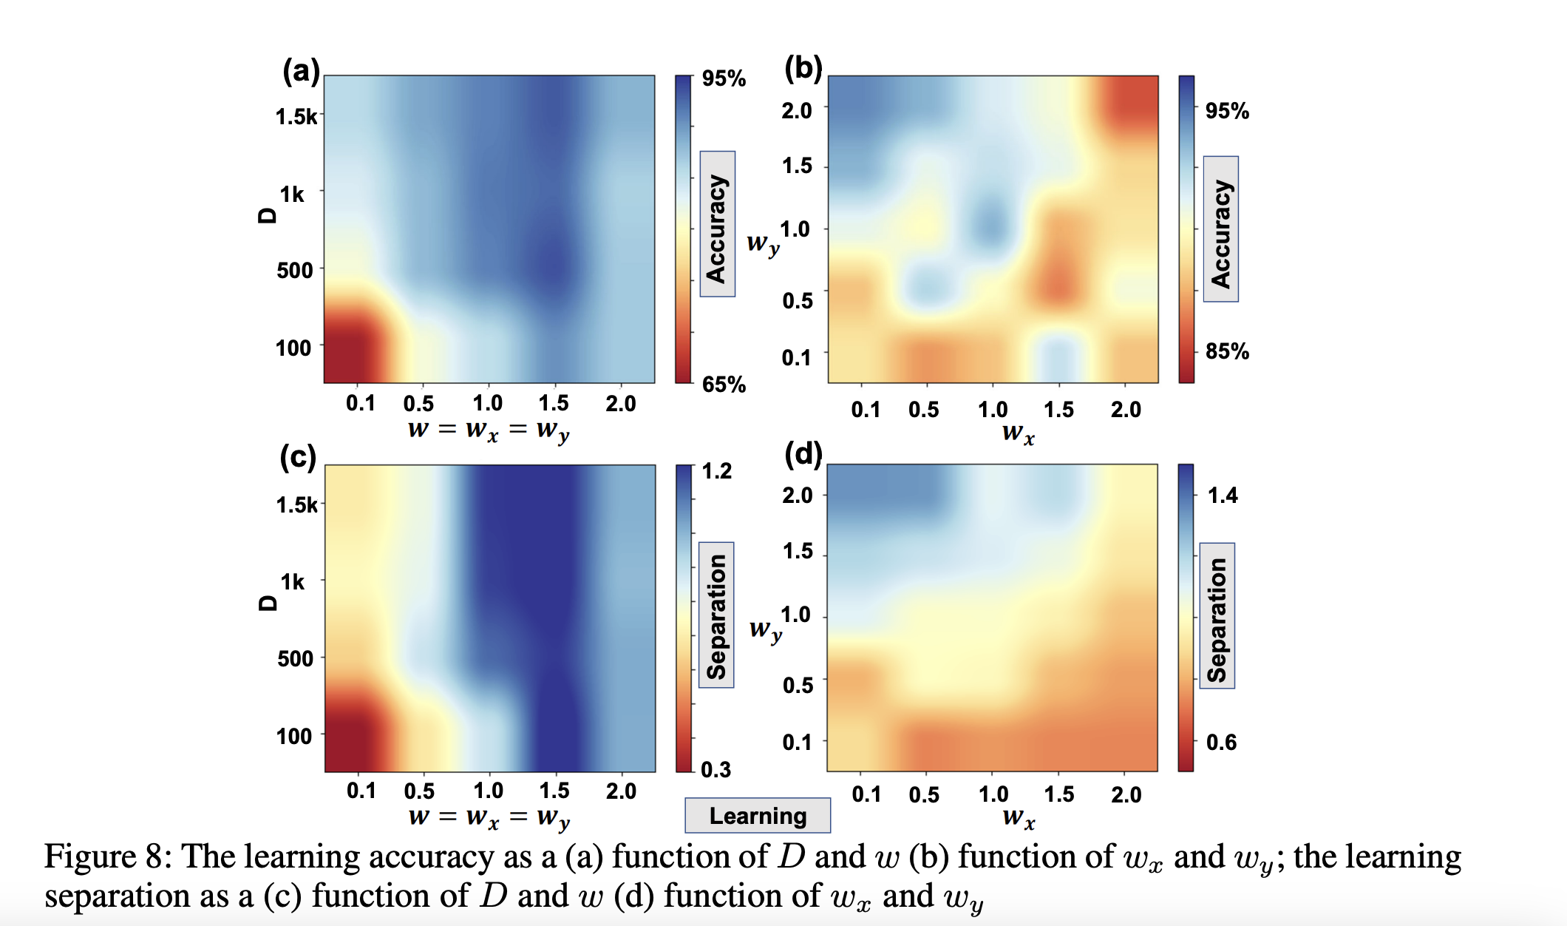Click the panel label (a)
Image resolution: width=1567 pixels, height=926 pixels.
tap(301, 72)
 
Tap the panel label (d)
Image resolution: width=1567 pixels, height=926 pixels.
tap(803, 454)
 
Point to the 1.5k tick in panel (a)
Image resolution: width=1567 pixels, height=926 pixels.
tap(296, 117)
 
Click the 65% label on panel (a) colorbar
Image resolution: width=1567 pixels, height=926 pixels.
tap(724, 385)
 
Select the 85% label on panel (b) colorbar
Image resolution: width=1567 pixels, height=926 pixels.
tap(1227, 351)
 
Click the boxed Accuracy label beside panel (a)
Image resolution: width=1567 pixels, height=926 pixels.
tap(717, 224)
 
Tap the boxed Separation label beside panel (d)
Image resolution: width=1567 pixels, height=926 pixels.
tap(1217, 616)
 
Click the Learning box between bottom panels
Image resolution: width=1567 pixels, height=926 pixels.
tap(758, 816)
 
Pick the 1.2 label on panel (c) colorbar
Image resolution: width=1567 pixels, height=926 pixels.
tap(716, 471)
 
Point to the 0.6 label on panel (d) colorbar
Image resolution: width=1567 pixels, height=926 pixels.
tap(1221, 742)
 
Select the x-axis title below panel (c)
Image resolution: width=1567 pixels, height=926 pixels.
tap(489, 817)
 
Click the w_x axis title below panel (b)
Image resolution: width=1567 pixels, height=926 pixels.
tap(1018, 433)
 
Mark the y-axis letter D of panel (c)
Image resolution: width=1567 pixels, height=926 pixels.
tap(268, 602)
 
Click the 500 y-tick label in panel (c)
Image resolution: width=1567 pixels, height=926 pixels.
tap(295, 658)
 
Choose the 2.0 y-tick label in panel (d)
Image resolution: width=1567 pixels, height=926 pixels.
tap(797, 496)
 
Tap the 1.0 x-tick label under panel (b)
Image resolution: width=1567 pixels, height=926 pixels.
tap(992, 409)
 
